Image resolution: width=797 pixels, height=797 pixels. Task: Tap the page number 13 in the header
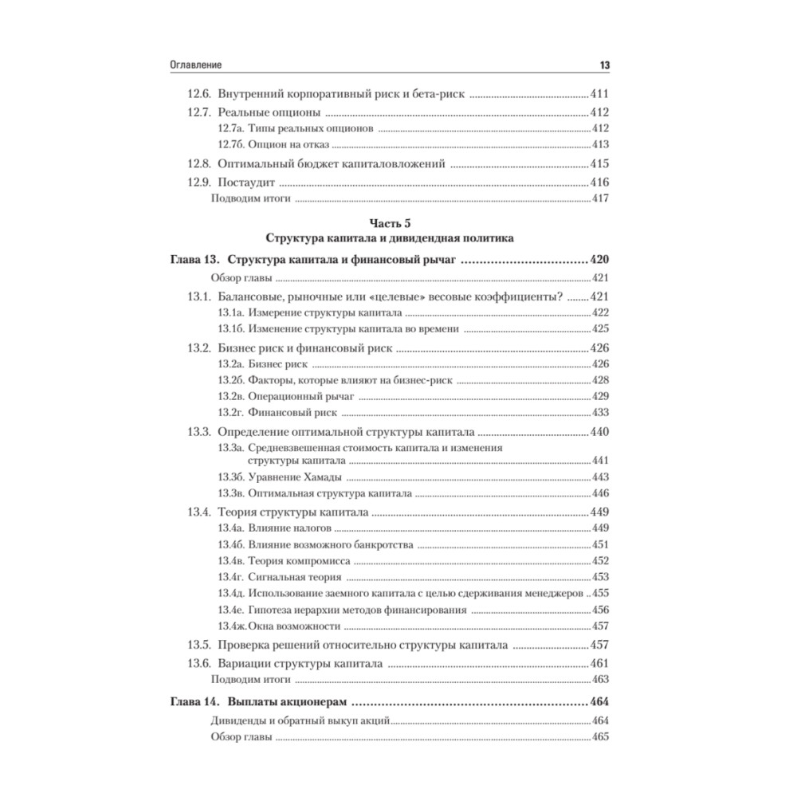tap(603, 65)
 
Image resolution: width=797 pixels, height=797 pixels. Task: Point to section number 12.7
tap(199, 112)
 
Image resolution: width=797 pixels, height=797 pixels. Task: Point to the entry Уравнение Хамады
tap(295, 477)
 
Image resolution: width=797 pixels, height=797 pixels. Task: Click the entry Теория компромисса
tap(300, 561)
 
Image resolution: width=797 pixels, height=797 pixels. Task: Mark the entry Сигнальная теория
tap(294, 577)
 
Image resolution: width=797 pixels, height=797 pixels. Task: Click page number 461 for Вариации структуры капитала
tap(599, 663)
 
